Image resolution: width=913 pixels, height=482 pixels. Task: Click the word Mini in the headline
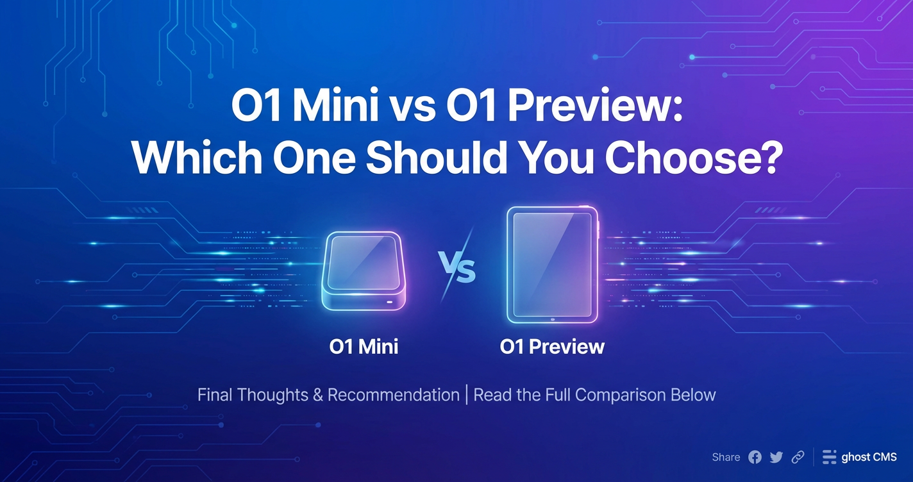[x=335, y=106]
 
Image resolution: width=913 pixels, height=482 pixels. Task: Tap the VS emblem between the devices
[x=457, y=266]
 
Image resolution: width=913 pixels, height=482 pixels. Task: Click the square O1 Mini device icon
[x=364, y=271]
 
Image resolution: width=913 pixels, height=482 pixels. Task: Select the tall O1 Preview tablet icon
[x=552, y=265]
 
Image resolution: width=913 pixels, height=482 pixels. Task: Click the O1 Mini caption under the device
[x=364, y=347]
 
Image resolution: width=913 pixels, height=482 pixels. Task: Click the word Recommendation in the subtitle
[x=393, y=395]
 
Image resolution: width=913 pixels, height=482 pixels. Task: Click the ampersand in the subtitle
[x=318, y=395]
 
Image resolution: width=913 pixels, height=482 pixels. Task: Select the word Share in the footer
[x=726, y=457]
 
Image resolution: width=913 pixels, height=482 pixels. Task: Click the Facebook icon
[x=755, y=457]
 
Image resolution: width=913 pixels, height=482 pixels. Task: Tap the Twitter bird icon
[x=776, y=457]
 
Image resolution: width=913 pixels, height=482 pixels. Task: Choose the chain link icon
[x=798, y=457]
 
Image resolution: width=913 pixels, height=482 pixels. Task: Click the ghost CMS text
[x=869, y=457]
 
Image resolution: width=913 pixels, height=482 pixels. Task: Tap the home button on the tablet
[x=553, y=319]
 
